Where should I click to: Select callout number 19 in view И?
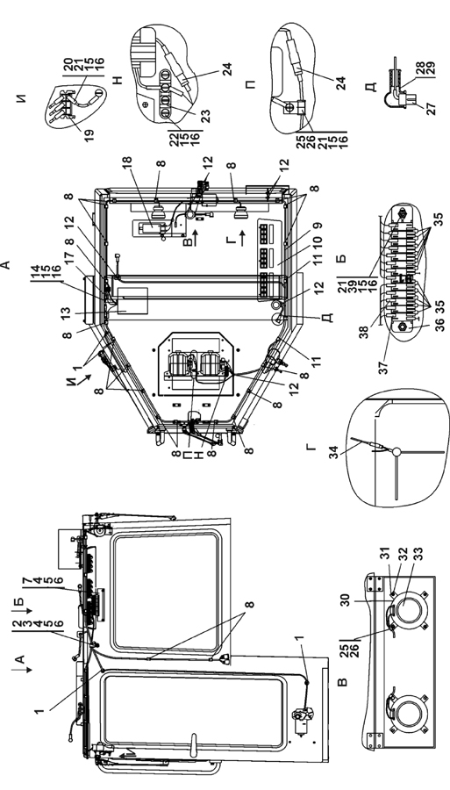point(89,135)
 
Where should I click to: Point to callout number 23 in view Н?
point(206,117)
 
